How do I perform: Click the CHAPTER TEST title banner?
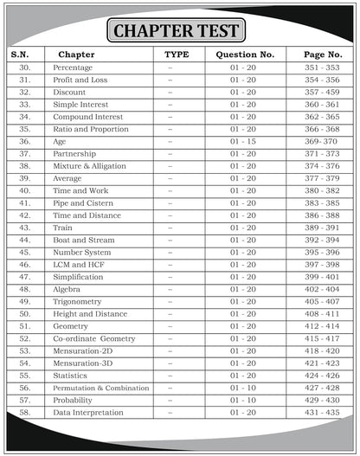(x=179, y=31)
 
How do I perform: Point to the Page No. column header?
(x=321, y=54)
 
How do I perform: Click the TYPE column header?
(x=170, y=54)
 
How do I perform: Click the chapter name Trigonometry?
(x=77, y=301)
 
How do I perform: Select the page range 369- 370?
(x=321, y=141)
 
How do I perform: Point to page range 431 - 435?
(x=321, y=413)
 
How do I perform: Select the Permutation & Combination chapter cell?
(x=100, y=389)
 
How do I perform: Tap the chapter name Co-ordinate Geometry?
(x=93, y=338)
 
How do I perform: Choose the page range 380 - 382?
(x=321, y=190)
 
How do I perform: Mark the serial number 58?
(x=24, y=413)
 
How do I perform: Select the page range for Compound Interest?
(x=321, y=116)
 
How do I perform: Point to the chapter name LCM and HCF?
(x=79, y=264)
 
